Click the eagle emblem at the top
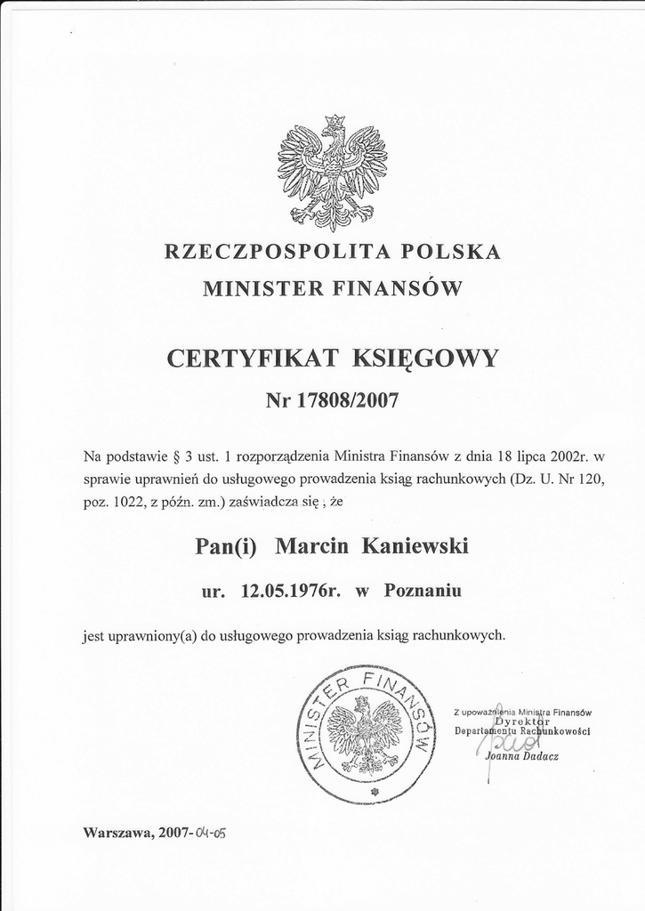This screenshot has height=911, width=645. pyautogui.click(x=333, y=172)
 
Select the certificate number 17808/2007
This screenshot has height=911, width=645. pyautogui.click(x=347, y=400)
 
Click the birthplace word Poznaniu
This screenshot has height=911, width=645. pyautogui.click(x=423, y=590)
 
